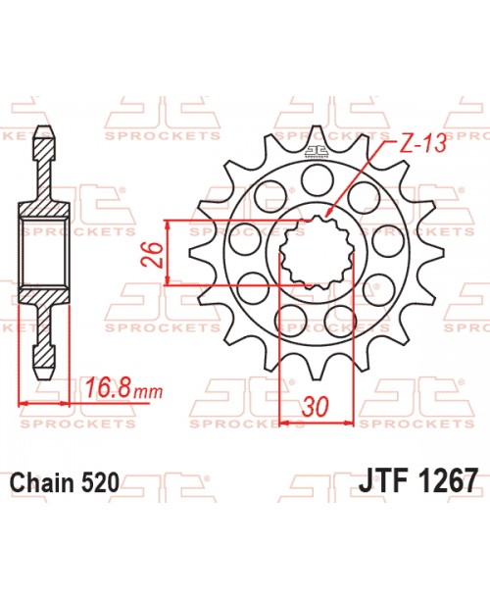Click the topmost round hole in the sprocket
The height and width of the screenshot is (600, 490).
click(315, 178)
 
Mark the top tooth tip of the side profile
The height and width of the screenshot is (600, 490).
click(43, 130)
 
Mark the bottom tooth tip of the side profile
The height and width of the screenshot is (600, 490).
click(43, 376)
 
